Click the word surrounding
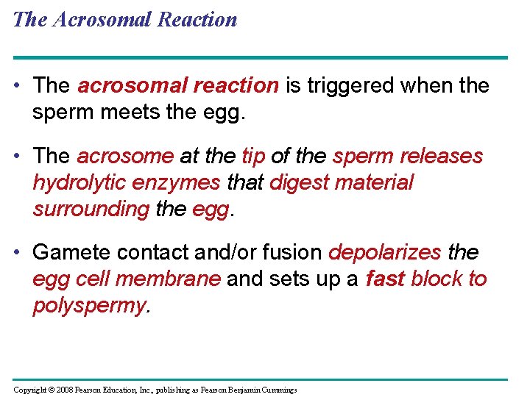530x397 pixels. point(91,209)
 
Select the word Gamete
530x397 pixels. point(68,253)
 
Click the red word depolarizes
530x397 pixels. point(384,253)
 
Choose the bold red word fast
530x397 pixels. point(385,279)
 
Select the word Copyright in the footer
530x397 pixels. point(32,389)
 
